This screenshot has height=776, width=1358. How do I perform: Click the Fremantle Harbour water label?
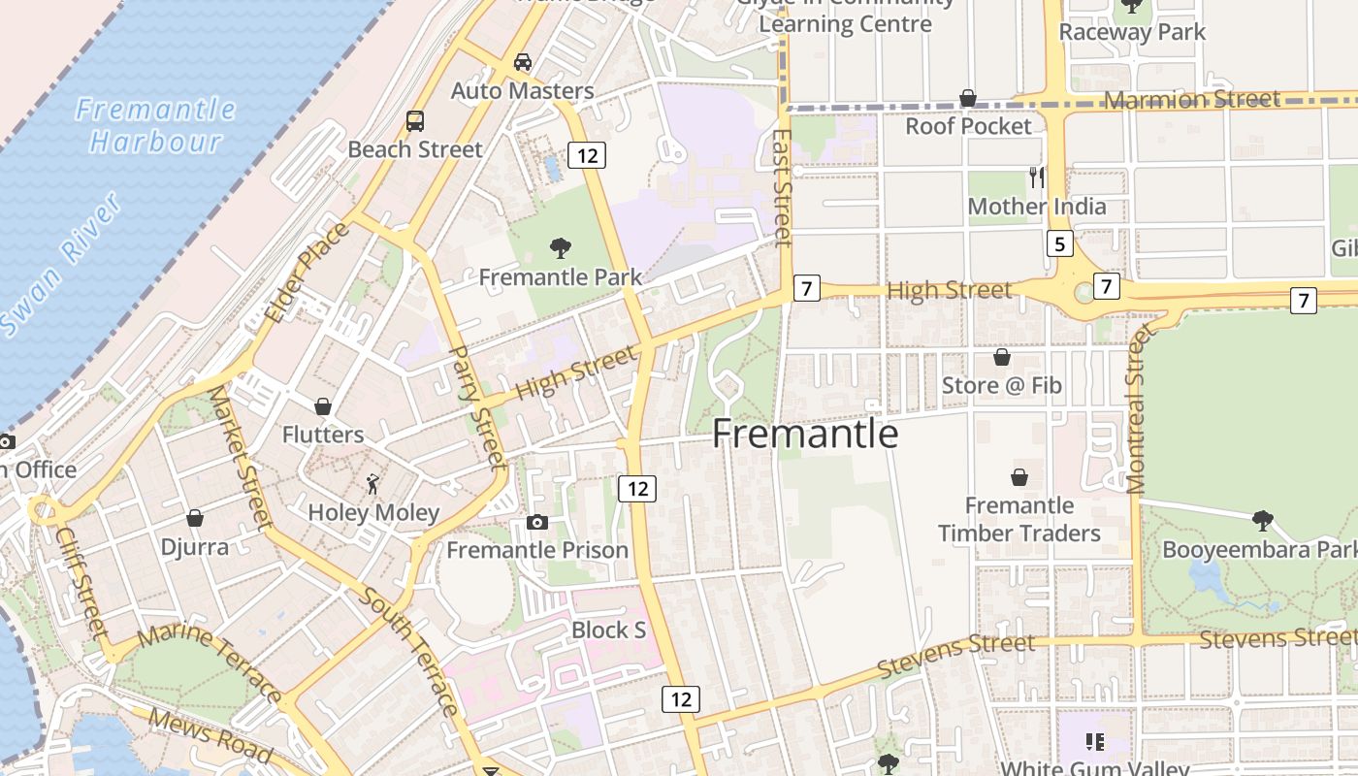pos(155,125)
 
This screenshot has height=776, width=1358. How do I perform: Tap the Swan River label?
pos(61,265)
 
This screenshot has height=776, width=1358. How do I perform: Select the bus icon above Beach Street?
pos(415,121)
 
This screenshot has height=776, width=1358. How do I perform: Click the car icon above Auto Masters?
pos(523,62)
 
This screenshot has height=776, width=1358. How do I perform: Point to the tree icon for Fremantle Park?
pos(560,248)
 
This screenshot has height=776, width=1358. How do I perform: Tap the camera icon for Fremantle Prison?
pos(536,522)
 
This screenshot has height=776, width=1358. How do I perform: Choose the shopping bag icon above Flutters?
pos(323,405)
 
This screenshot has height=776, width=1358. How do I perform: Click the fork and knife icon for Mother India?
pos(1037,177)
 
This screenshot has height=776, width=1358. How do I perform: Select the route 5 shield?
pos(1059,243)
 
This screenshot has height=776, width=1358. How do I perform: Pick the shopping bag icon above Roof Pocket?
pos(967,98)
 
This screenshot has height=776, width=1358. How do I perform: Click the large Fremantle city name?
pos(805,434)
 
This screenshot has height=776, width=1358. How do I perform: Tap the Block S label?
pos(608,630)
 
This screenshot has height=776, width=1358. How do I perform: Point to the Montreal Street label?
pos(1137,408)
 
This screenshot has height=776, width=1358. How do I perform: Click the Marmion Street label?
pos(1192,100)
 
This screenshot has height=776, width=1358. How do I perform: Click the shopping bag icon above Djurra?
pos(195,518)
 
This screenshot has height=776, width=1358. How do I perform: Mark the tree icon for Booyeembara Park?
pos(1262,521)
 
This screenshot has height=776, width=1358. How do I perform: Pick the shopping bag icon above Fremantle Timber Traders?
pos(1019,477)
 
